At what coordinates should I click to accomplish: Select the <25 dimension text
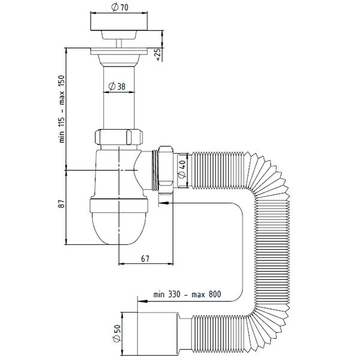[158, 54]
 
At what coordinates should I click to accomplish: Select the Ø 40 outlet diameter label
[183, 170]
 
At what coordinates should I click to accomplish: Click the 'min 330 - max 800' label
[187, 295]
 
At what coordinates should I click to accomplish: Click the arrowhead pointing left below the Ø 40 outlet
[164, 203]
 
